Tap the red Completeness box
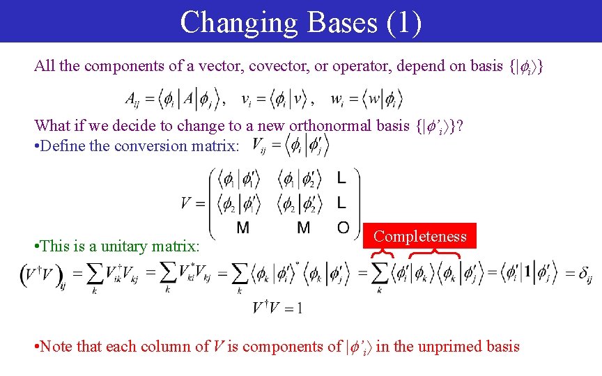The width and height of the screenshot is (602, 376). point(420,236)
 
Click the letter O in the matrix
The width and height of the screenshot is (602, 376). point(343,228)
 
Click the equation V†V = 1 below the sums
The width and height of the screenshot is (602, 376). point(277,308)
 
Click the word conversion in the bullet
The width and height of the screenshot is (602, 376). point(139,146)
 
